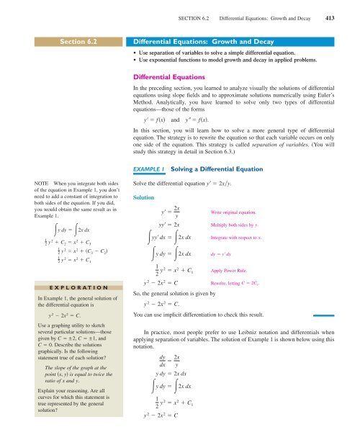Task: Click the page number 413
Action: (x=349, y=8)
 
